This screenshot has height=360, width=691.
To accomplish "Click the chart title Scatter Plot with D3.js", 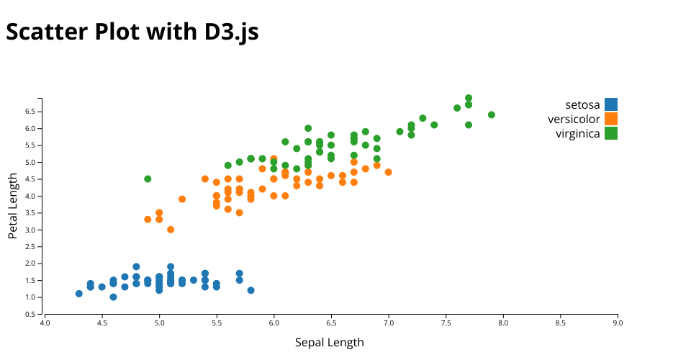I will point(132,32).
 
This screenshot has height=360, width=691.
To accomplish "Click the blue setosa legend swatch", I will point(611,104).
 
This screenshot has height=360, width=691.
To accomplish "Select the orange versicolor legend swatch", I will point(611,119).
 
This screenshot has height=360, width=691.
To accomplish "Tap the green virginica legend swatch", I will point(611,133).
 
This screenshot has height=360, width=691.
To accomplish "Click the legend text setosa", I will point(582,104).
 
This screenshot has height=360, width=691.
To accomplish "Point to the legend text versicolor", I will point(574,119).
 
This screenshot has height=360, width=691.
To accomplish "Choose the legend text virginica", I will point(577,133).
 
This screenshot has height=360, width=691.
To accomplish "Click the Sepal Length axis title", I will point(330,342).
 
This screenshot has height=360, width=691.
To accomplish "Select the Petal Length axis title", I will point(13,206).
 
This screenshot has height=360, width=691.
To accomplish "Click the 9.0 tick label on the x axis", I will point(618,323).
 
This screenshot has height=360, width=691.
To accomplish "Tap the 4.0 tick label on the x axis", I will point(45,323).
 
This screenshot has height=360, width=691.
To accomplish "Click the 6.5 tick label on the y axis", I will point(30,112).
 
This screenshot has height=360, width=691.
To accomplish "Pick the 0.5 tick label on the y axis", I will point(30,314).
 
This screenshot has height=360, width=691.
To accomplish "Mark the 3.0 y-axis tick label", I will point(30,230).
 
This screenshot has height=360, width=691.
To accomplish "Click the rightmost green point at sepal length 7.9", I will point(492,114).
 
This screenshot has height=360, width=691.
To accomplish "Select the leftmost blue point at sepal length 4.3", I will point(79,294).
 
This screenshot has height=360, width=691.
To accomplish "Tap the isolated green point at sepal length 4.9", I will point(148,179).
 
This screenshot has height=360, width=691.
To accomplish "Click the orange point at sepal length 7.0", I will point(389,172).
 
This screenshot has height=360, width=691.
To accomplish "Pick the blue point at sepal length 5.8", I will point(250,290).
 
